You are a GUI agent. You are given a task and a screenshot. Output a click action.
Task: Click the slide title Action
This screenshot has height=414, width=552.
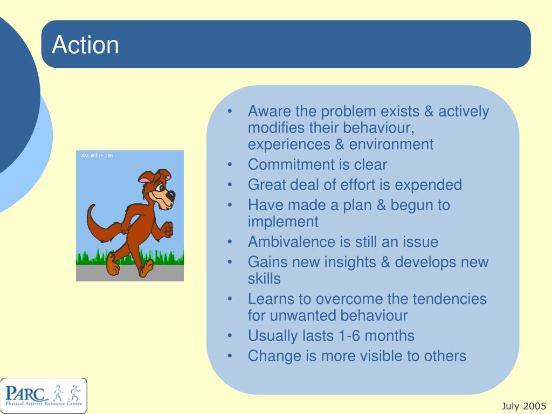click(85, 45)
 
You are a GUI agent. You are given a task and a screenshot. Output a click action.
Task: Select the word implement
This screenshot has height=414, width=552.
click(283, 222)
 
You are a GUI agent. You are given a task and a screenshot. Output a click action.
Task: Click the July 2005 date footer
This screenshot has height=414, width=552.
click(523, 406)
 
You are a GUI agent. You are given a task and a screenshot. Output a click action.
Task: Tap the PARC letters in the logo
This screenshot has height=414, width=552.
click(26, 392)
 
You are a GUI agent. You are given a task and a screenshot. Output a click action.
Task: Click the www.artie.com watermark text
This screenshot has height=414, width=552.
click(96, 156)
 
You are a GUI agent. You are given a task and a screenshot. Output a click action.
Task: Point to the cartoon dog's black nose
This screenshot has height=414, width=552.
click(171, 195)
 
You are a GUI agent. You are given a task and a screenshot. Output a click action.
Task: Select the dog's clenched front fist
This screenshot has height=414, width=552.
click(168, 229)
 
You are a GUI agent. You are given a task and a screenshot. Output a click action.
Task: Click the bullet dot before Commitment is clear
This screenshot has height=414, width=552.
click(230, 165)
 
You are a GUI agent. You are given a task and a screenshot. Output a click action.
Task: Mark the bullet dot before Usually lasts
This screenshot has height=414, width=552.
click(230, 336)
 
